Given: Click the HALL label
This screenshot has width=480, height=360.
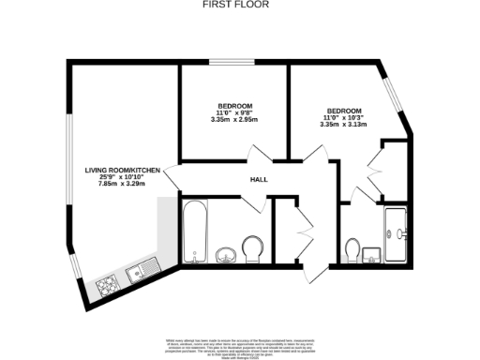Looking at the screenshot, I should coord(260,180).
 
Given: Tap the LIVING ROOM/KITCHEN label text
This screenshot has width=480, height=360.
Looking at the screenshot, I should coord(122,170).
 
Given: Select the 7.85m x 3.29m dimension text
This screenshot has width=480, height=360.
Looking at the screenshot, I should coord(122,184).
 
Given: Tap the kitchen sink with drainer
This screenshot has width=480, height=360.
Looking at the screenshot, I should coord(141,272).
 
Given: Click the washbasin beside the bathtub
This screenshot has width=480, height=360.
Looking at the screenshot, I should coord(226,255).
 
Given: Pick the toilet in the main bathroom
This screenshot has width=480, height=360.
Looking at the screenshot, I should coord(251,248).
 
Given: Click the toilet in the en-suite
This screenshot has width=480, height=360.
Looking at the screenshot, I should coord(352,249).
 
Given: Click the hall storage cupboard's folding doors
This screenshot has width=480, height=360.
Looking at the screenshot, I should coord(303,230).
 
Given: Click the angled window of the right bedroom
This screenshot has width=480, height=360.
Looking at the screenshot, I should coord(393,95).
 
